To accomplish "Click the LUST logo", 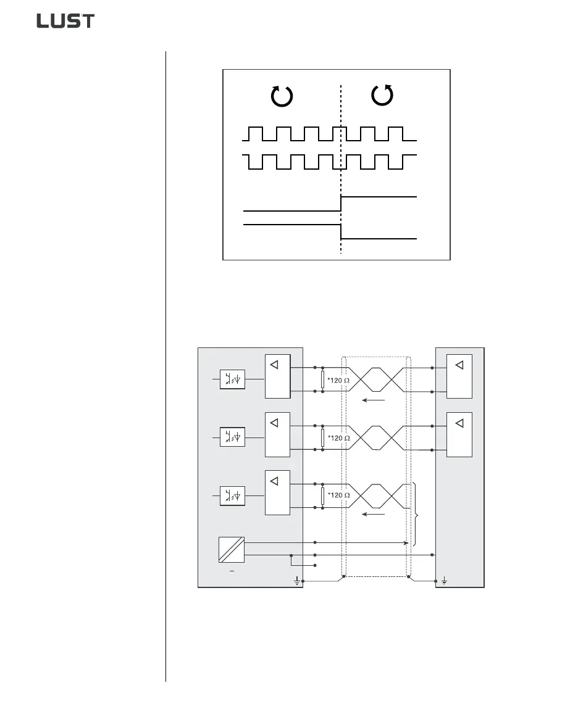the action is (65, 21).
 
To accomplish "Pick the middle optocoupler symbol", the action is (233, 437).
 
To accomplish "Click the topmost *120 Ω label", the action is (338, 381).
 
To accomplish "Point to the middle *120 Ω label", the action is (338, 438).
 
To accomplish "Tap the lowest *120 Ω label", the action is (338, 495).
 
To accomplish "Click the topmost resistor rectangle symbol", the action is (322, 380).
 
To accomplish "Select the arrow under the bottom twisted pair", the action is (373, 513).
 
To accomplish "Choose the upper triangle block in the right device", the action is (459, 376).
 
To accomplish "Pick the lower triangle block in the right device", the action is (459, 434).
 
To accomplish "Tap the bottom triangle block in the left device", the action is (277, 492).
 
